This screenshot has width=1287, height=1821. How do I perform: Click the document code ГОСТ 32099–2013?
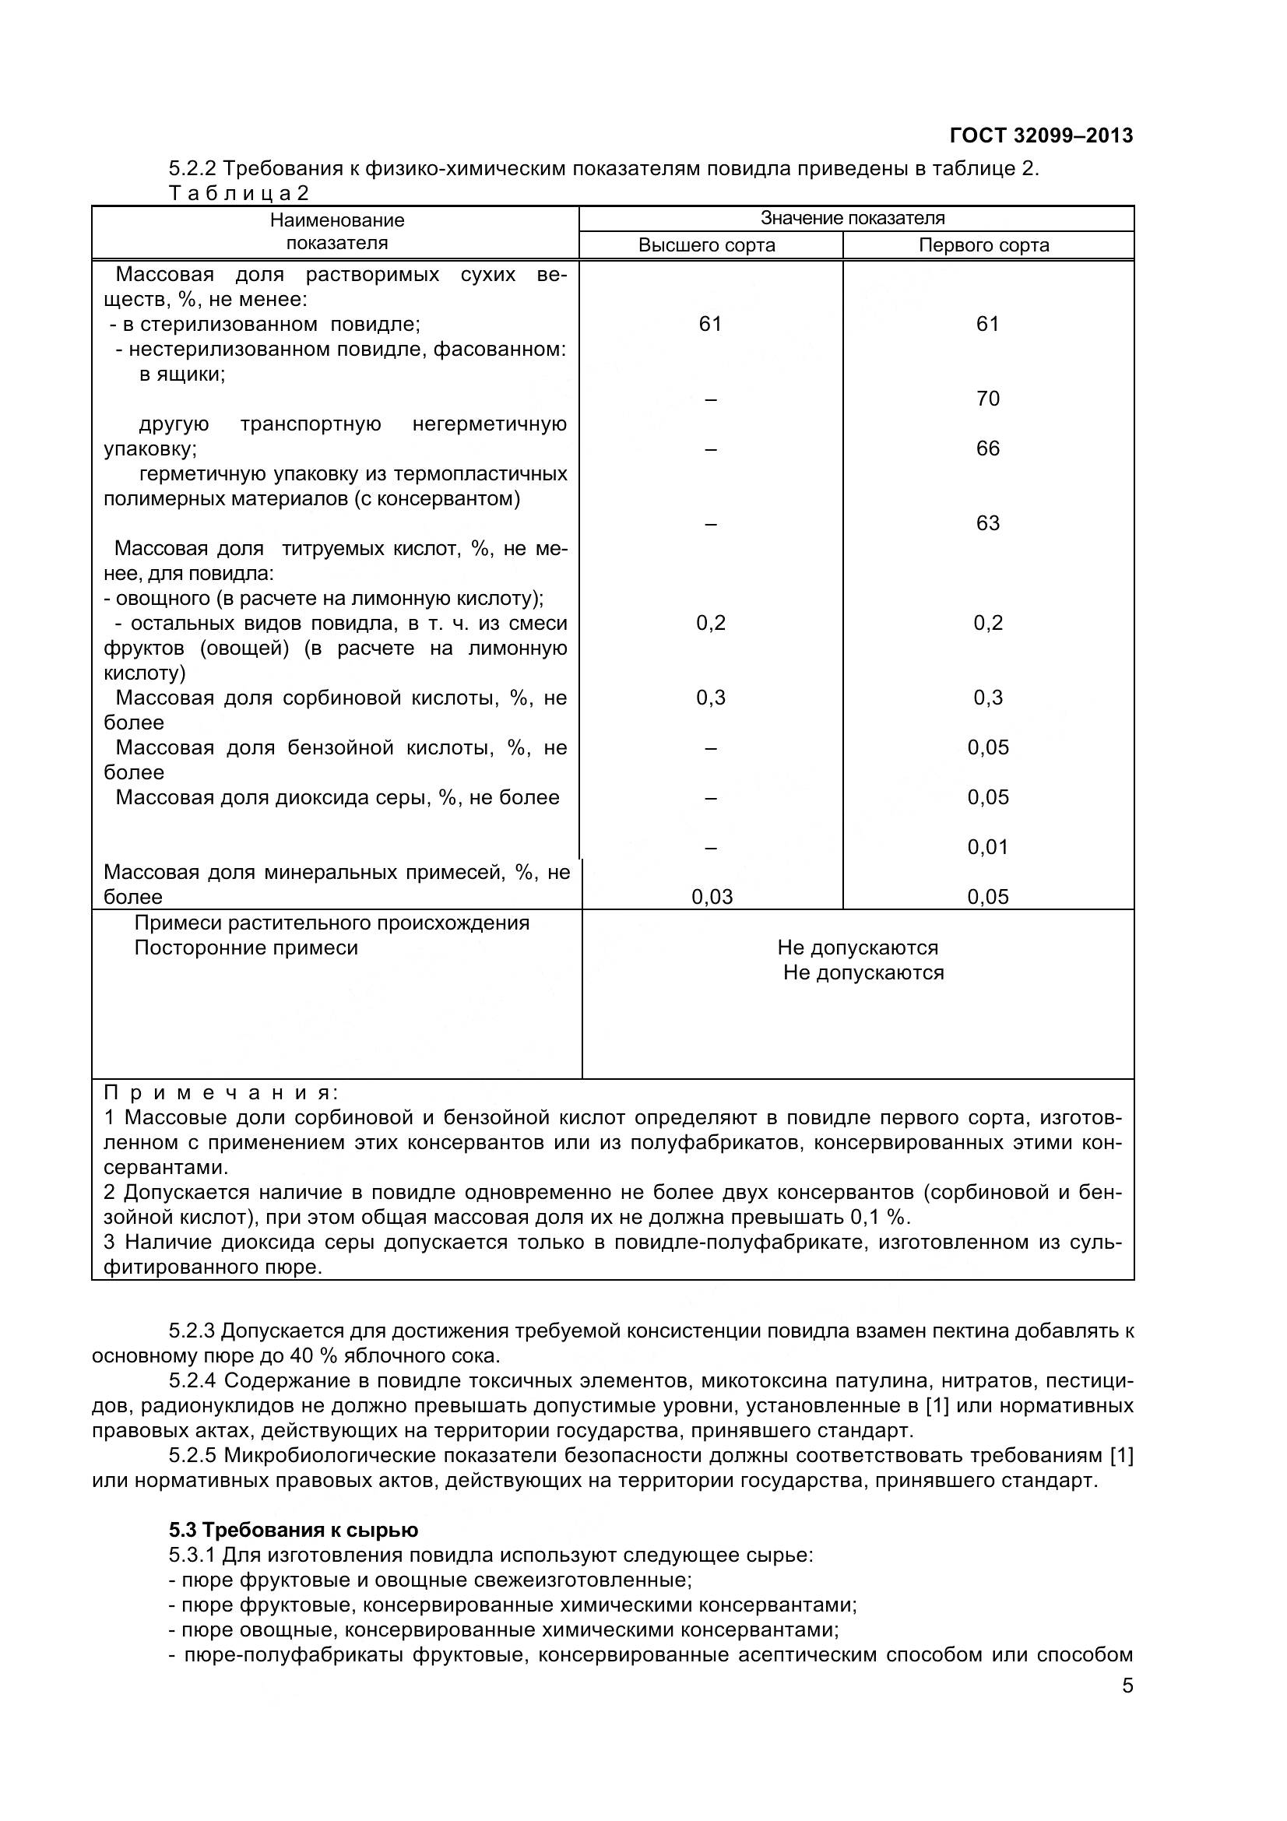[x=1040, y=136]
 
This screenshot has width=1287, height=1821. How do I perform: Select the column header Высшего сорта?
[x=706, y=245]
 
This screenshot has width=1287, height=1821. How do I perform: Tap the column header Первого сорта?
[x=983, y=245]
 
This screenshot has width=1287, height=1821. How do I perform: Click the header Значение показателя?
[x=853, y=218]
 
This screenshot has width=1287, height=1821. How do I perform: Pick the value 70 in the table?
[x=987, y=399]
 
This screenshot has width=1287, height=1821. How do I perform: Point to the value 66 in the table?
[x=987, y=449]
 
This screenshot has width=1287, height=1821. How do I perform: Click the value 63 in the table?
[x=987, y=523]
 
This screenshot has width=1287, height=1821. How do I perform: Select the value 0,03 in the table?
[x=712, y=897]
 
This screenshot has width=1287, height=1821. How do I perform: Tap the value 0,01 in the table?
[x=987, y=847]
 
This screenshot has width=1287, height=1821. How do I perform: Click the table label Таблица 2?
[x=238, y=194]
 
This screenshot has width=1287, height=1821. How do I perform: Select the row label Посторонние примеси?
[x=246, y=947]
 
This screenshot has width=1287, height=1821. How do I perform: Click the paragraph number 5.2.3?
[x=191, y=1331]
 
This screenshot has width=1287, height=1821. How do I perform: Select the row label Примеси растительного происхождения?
[x=332, y=923]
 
